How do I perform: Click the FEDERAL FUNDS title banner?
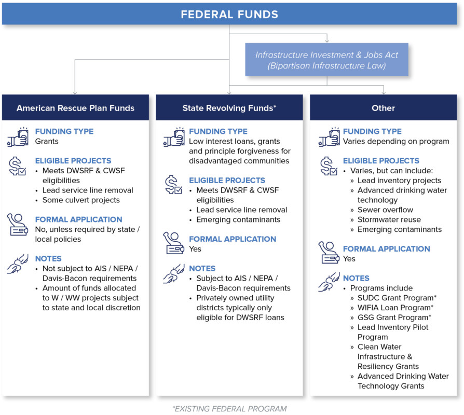pos(229,14)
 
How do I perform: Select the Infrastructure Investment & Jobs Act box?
pos(326,60)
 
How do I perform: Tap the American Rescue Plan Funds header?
pos(75,108)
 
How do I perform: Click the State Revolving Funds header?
pos(229,108)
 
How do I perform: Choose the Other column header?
pos(383,108)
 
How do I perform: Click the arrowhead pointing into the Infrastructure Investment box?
pos(326,41)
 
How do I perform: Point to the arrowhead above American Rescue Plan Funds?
pos(75,92)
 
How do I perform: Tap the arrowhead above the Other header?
pos(384,92)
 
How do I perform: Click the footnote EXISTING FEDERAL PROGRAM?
pos(229,409)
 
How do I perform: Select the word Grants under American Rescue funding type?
pos(47,141)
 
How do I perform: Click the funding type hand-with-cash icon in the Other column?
pos(329,137)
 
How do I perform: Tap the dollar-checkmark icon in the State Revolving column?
pos(173,185)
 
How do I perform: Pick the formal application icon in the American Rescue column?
pos(18,225)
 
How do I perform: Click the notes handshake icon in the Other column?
pos(329,282)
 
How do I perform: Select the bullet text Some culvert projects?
pos(81,200)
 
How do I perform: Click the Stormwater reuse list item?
pos(389,219)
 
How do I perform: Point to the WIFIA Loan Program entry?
pos(395,308)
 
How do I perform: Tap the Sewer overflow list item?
pos(385,210)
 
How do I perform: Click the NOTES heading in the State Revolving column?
pos(202,268)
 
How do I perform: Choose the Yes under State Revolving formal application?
pos(195,249)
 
